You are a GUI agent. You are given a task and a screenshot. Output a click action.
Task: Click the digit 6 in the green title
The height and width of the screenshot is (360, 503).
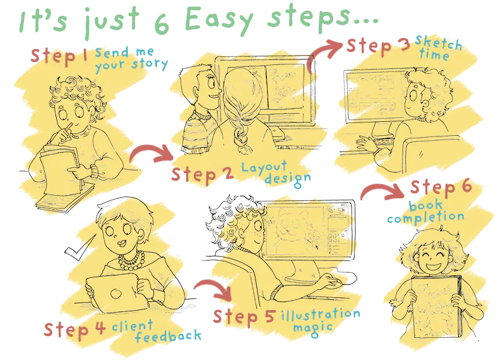[162, 24]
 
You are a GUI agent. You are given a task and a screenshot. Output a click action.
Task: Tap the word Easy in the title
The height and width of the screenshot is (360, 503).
[219, 20]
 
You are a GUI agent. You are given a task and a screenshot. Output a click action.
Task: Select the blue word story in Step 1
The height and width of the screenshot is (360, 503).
[150, 64]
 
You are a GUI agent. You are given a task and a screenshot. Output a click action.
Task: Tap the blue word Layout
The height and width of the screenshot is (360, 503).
[264, 167]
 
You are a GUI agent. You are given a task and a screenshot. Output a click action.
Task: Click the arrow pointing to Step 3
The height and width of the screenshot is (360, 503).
[323, 51]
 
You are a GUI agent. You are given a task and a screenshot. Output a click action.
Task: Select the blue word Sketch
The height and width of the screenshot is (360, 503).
[439, 42]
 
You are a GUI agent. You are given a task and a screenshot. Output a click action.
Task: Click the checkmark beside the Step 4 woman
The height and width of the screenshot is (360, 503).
[79, 249]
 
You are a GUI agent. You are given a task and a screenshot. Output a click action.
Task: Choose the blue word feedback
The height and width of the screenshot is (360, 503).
[168, 336]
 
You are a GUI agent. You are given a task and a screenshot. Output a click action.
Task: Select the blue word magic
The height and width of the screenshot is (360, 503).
[312, 328]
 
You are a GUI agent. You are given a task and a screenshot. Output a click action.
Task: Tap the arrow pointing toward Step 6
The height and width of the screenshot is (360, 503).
[382, 191]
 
